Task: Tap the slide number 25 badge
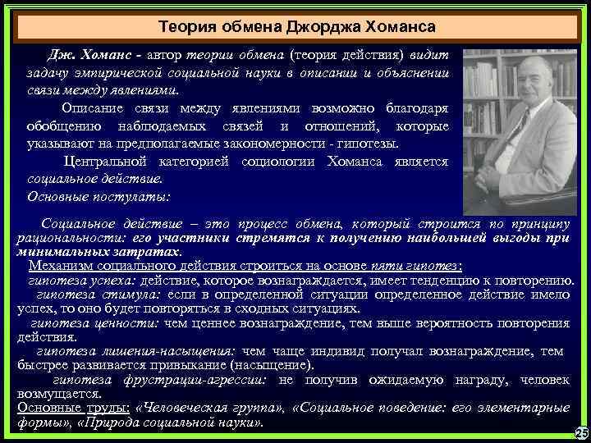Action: pyautogui.click(x=581, y=432)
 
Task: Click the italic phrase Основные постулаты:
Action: pyautogui.click(x=98, y=197)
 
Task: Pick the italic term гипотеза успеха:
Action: pyautogui.click(x=74, y=280)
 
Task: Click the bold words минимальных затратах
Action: pyautogui.click(x=98, y=251)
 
